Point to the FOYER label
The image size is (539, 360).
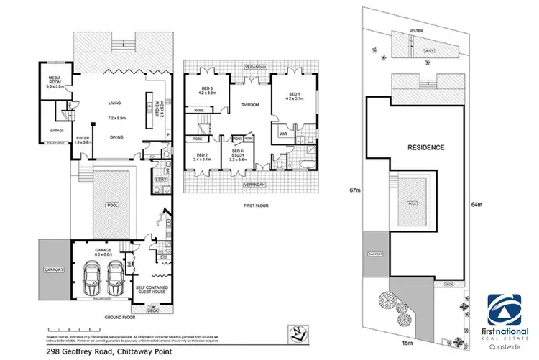coord(83,138)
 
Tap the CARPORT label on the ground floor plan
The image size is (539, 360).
coord(52,269)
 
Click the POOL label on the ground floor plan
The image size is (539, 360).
coord(111,205)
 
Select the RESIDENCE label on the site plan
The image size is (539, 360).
coord(426,147)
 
